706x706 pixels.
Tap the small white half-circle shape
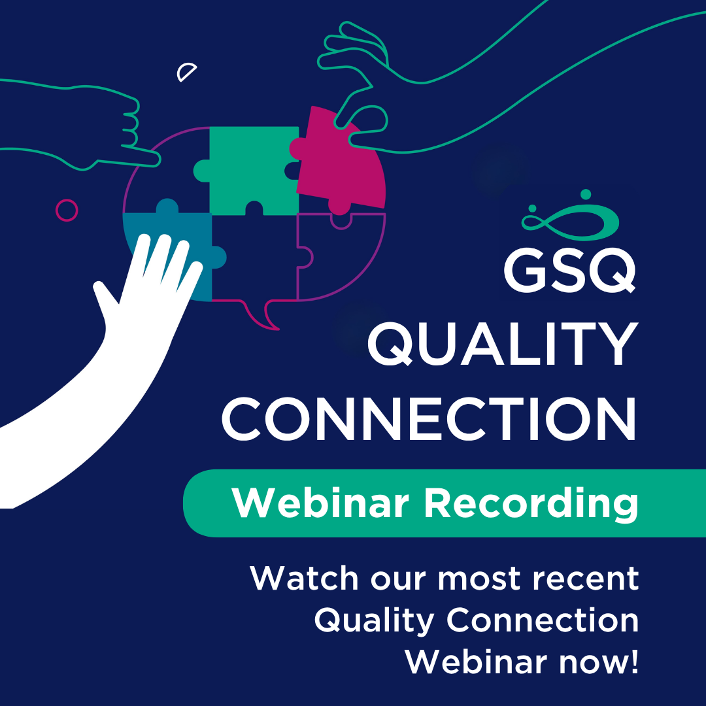[x=186, y=72]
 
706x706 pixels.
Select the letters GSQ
[x=569, y=271]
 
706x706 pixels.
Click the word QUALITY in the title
[x=503, y=344]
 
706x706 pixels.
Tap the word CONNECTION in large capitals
[x=429, y=419]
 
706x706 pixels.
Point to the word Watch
[x=305, y=578]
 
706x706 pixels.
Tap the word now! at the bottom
[x=599, y=662]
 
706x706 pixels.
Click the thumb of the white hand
[x=105, y=299]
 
